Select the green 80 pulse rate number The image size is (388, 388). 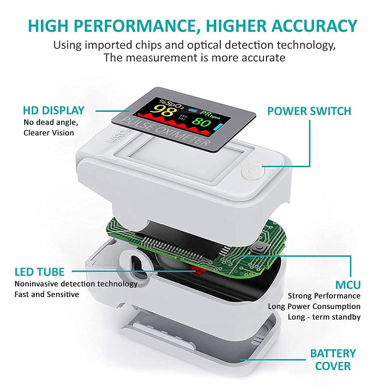[201, 123]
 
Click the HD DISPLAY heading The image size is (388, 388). [54, 110]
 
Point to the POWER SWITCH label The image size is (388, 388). [309, 111]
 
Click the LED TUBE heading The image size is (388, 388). [40, 272]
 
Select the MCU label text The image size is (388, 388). [348, 285]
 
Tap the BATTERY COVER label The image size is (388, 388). [333, 359]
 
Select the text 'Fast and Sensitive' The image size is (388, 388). [47, 294]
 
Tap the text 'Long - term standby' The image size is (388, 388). [324, 317]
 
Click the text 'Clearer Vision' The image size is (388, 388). [49, 133]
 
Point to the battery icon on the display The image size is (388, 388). [193, 110]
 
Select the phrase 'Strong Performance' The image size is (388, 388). [324, 296]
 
